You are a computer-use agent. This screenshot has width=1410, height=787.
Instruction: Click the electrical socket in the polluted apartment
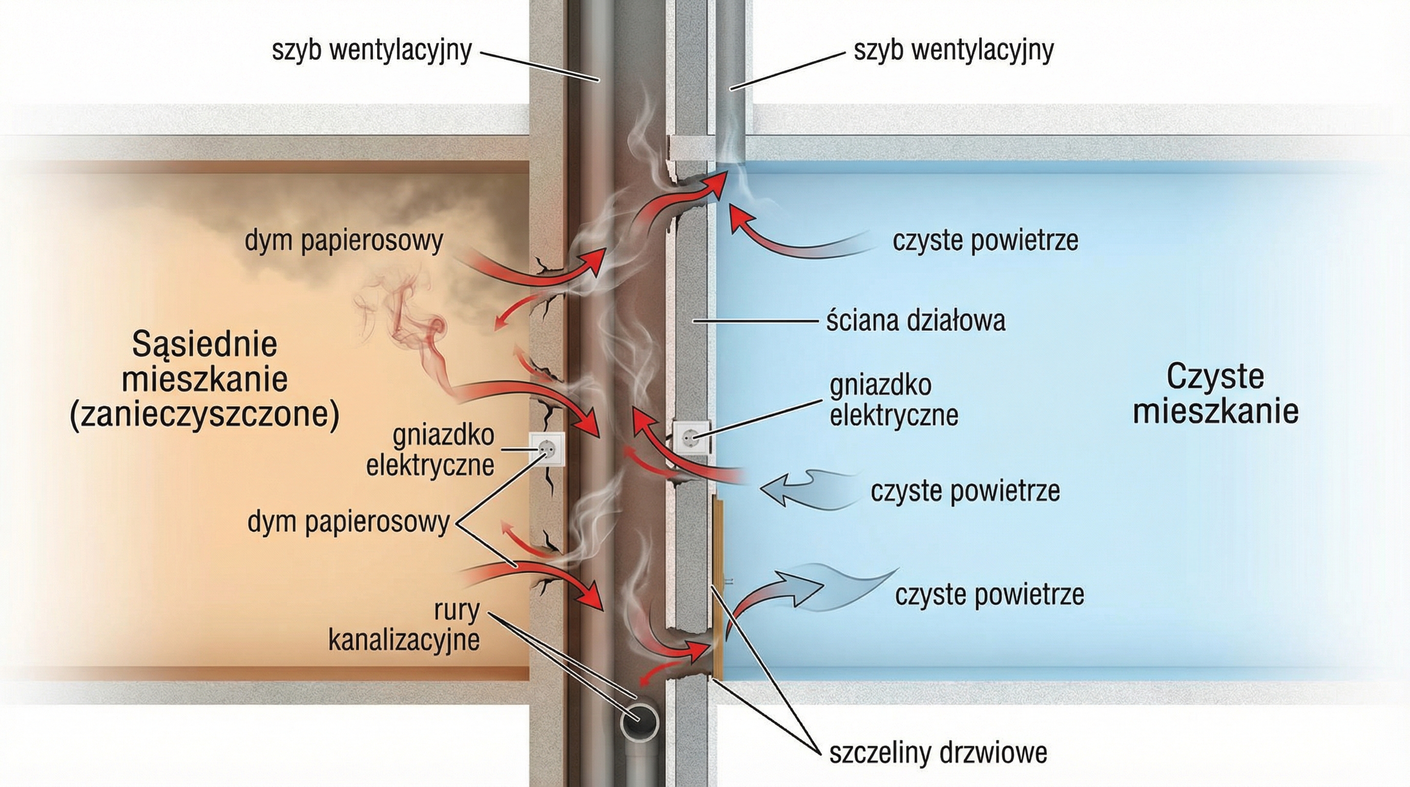546,449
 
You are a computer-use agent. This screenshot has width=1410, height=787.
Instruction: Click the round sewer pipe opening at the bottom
639,726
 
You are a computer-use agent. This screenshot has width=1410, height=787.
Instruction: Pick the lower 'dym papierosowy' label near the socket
348,523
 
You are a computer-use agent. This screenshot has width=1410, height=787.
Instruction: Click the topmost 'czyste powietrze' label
985,241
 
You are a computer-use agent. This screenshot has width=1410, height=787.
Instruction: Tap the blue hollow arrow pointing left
788,489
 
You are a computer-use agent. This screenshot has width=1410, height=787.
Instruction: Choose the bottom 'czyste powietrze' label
990,595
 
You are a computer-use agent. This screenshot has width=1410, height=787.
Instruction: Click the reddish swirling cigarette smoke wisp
416,328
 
